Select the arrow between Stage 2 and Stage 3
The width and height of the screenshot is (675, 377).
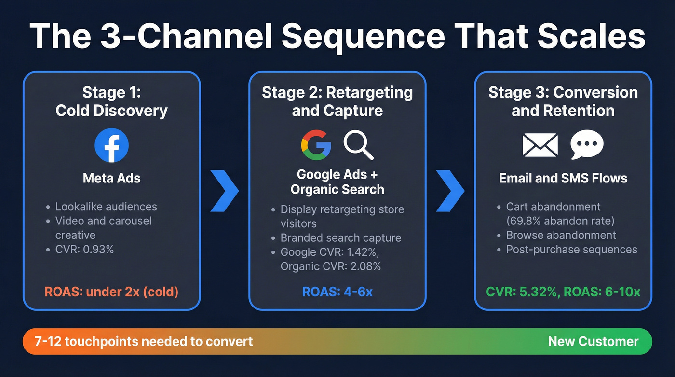coord(450,190)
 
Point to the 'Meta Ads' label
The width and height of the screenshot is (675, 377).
coord(111,178)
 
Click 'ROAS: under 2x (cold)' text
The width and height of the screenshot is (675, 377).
coord(111,292)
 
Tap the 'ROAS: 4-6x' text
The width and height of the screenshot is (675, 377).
coord(337,292)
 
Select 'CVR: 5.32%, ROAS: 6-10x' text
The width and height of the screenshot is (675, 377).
coord(563,292)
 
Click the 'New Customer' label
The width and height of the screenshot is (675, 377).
coord(593,342)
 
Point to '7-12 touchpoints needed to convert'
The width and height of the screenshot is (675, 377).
coord(144,342)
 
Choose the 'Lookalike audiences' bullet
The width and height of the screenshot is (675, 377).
coord(106,207)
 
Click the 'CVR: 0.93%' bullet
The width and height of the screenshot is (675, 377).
coord(84,250)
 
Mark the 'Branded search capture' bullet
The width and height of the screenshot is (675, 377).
coord(340,238)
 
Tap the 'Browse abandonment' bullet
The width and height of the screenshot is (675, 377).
coord(561,235)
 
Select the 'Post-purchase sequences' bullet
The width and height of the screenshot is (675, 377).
coord(571,250)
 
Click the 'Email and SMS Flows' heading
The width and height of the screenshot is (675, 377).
coord(563,178)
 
